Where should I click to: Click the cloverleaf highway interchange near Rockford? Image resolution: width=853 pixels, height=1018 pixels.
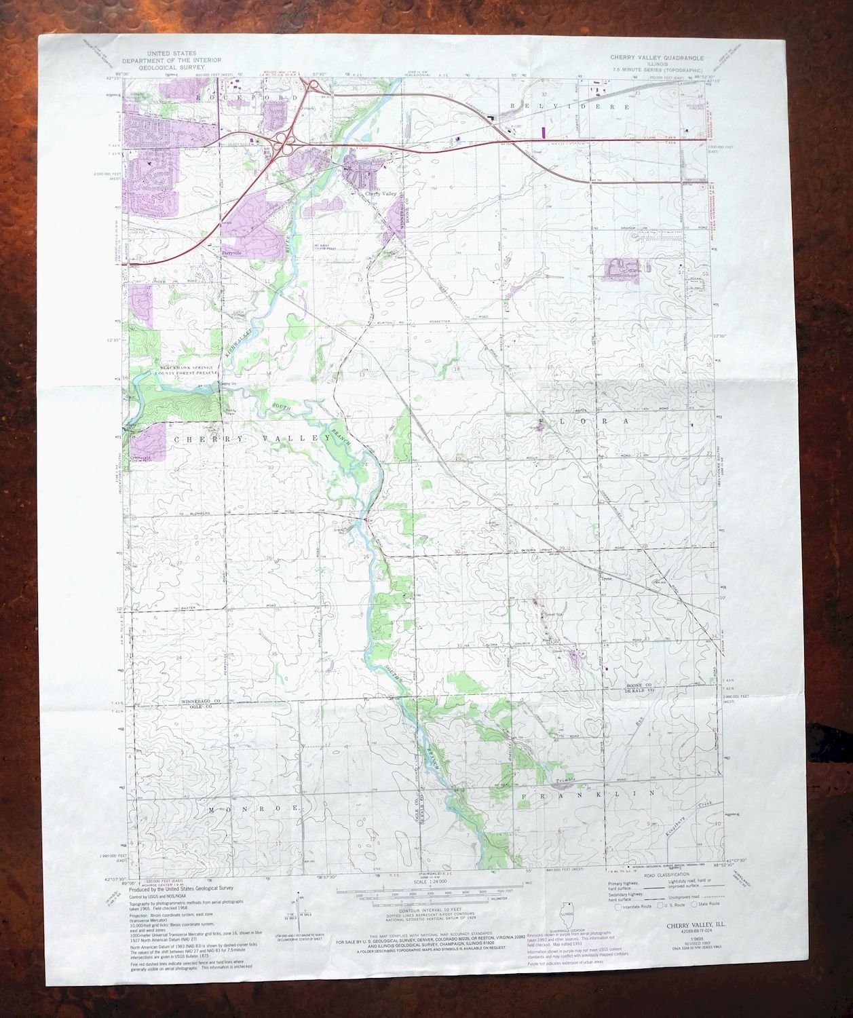(x=280, y=139)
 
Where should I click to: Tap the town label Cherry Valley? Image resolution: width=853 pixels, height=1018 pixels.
(x=380, y=194)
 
